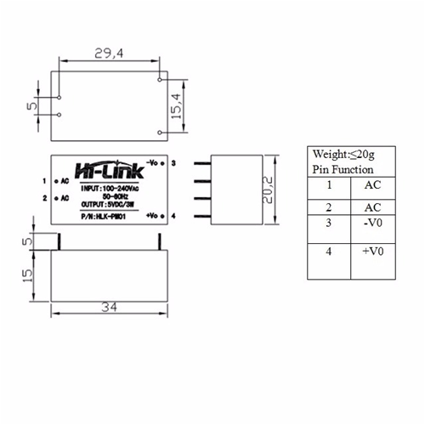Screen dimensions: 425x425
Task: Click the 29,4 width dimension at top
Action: [105, 54]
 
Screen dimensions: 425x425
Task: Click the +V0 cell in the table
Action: [371, 252]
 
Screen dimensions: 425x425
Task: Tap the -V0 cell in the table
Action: [371, 223]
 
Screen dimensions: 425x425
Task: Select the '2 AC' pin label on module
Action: [54, 198]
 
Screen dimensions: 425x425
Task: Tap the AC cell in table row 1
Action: [371, 184]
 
